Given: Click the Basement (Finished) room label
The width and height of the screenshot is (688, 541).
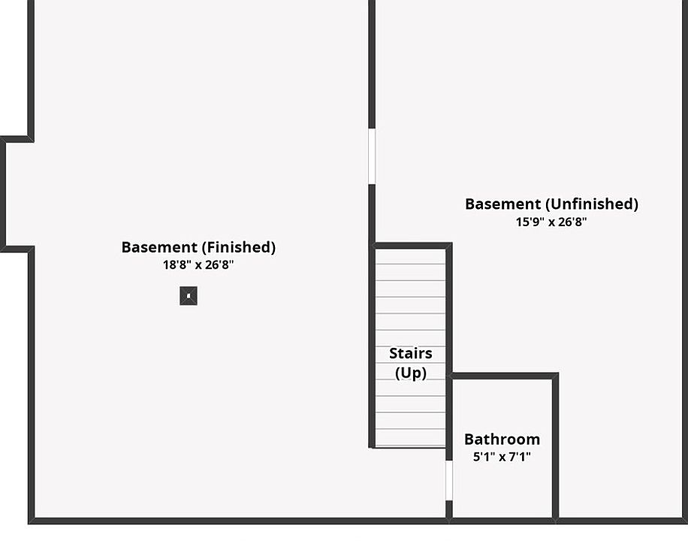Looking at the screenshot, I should (198, 247).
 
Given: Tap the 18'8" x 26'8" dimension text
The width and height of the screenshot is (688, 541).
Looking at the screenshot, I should (198, 264).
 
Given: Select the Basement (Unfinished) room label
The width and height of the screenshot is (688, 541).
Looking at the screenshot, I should (551, 204).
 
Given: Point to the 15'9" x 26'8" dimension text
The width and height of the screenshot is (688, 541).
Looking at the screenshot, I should (551, 222).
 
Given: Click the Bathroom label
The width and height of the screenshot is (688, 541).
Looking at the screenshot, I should (502, 440).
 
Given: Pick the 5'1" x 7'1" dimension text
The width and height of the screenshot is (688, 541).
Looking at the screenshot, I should (502, 456).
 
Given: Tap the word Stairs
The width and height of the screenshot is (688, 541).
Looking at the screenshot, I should (410, 353).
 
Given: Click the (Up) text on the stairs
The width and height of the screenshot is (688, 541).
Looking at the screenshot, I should (410, 372).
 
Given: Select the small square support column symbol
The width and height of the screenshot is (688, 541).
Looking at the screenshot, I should (189, 296).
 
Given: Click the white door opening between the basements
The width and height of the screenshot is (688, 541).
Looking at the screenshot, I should (371, 156).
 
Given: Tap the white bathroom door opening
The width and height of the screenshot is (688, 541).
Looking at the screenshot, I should (449, 481).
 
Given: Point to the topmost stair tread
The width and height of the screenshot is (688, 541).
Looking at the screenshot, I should (410, 256).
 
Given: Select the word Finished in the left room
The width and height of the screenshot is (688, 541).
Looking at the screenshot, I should (237, 247).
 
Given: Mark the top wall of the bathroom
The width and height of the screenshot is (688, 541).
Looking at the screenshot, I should (503, 375).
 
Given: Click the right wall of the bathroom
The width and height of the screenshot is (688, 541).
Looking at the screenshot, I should (555, 447).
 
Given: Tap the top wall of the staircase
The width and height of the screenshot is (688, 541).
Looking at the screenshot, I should (412, 246).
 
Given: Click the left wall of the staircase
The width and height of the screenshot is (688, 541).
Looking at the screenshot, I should (371, 346).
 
